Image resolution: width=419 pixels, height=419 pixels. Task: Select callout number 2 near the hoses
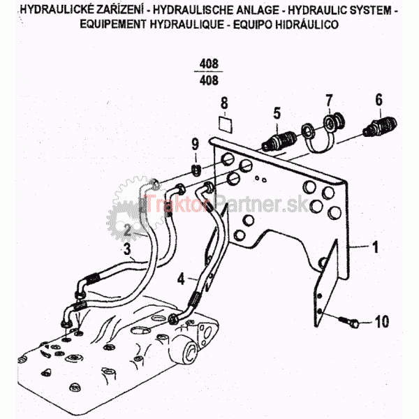click(x=128, y=229)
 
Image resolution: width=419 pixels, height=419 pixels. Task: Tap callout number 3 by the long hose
click(x=126, y=248)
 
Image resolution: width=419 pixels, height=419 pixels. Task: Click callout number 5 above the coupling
click(x=277, y=112)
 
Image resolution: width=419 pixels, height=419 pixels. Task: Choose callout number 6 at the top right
click(x=378, y=100)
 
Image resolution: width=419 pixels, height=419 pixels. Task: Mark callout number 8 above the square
click(x=224, y=105)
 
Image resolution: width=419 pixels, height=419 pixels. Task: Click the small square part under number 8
click(x=225, y=124)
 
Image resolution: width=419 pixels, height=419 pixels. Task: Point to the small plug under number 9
click(x=198, y=170)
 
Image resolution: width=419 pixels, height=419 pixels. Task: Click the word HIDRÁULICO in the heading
click(x=307, y=24)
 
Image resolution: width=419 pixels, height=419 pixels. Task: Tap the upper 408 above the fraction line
click(x=209, y=64)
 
